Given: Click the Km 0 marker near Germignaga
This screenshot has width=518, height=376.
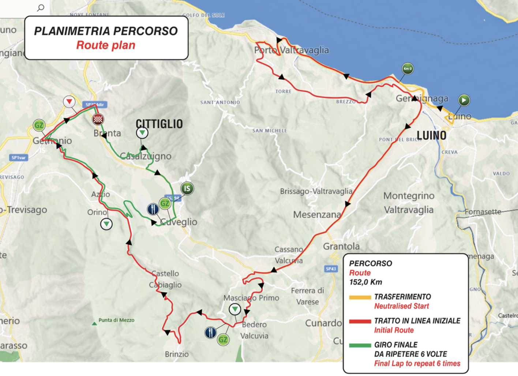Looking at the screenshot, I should coord(408,68).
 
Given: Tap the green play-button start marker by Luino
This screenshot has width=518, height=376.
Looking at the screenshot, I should coord(464,100).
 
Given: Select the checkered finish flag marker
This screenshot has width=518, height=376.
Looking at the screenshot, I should coord(98,119).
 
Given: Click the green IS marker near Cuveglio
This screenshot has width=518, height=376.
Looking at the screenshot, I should coord(187,188).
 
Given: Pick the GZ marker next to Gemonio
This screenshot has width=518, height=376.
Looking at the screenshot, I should coord(39,125).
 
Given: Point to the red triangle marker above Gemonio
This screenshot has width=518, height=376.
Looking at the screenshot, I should coord(69,101).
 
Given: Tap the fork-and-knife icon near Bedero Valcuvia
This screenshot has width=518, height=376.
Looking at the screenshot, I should coord(210,332).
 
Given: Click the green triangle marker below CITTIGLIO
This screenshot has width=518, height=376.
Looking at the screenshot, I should coord(142,133).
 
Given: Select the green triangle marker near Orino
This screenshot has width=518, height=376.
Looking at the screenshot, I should coord(106,223).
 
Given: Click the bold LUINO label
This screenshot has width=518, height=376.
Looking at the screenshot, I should coord(431,136).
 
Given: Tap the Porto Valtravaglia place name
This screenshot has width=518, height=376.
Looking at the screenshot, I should coord(291,50).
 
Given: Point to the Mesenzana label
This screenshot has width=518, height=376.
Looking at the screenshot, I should coord(317,215).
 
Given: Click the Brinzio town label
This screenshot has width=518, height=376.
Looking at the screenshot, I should coord(177,354).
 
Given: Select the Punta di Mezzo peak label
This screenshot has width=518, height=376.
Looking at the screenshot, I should coord(116,320).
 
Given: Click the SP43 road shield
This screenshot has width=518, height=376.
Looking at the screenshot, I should coord(331,269).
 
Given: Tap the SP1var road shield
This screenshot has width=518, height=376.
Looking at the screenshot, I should coord(18,158).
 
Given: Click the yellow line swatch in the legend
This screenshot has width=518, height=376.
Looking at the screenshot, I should coord(360,297).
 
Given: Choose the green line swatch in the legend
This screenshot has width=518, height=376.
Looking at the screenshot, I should coord(360,345).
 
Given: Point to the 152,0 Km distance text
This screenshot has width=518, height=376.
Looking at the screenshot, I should coord(365,282).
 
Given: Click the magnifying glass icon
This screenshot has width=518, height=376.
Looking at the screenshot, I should coord(41,8).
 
